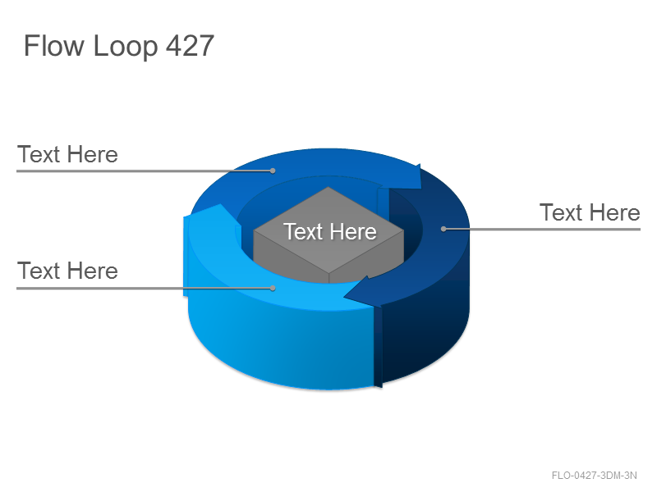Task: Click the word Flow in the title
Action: tap(53, 45)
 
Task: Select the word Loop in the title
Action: tap(126, 47)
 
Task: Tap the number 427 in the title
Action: tap(191, 45)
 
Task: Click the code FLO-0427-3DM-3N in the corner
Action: tap(594, 476)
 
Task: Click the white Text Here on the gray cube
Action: tap(330, 231)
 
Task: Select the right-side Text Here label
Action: tap(590, 212)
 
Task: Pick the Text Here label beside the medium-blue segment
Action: tap(67, 154)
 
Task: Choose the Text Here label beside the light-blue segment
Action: tap(67, 271)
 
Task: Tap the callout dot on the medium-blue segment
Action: tap(273, 171)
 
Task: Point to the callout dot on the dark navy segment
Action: tap(443, 229)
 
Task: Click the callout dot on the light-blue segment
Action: tap(273, 289)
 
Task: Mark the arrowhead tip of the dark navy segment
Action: tap(344, 297)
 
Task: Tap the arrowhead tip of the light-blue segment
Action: tap(219, 204)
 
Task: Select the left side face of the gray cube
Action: tap(292, 256)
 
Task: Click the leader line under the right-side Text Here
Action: tap(542, 229)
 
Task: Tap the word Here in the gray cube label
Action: tap(353, 231)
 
